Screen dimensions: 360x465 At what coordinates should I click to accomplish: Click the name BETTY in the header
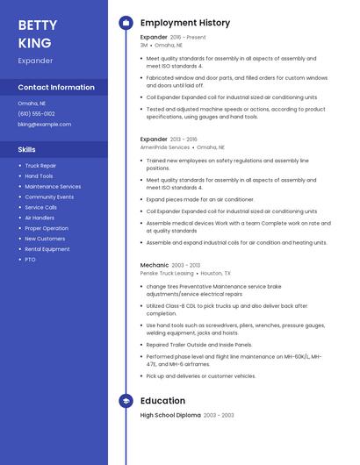point(38,25)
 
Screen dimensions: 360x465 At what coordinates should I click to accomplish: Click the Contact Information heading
point(56,87)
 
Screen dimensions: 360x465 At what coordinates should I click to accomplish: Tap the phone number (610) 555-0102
point(36,113)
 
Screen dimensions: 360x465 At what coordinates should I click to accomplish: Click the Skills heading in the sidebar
point(26,149)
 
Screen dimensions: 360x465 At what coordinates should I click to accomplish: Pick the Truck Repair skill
point(40,165)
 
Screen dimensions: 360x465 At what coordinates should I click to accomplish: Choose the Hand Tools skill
point(39,175)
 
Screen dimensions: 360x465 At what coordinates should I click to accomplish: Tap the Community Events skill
point(49,197)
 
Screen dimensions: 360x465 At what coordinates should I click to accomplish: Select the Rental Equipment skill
point(47,249)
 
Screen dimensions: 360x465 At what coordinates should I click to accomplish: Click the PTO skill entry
point(30,260)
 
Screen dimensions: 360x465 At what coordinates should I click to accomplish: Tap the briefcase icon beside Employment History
point(126,23)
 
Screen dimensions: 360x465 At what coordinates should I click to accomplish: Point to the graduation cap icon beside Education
point(126,401)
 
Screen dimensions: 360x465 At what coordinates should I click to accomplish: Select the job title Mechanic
point(154,265)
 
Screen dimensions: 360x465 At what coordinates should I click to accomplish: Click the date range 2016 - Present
point(189,38)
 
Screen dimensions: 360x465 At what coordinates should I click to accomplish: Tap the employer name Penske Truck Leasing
point(167,274)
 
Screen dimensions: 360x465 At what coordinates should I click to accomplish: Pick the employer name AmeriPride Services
point(165,147)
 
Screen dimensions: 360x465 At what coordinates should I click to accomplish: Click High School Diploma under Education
point(170,415)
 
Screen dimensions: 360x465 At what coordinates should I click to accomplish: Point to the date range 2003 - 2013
point(186,265)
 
